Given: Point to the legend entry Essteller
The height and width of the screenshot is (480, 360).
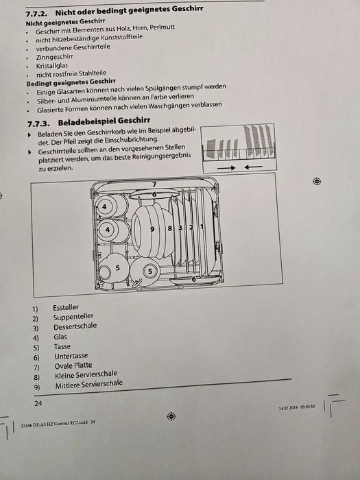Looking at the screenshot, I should click(66, 308).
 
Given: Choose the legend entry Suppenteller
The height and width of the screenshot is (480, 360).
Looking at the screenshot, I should click(73, 317).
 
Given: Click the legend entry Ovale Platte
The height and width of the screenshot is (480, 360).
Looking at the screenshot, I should click(72, 365).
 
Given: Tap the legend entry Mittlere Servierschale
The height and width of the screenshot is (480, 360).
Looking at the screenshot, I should click(89, 384).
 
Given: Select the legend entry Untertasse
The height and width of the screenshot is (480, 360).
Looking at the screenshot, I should click(69, 357).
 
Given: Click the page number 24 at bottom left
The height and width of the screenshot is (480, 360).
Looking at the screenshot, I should click(28, 404).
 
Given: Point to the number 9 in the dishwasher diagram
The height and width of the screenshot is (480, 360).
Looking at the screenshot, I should click(152, 228).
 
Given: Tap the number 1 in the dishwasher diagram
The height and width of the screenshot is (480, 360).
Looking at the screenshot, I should click(202, 227).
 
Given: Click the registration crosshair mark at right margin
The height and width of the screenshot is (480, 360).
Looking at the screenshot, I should click(316, 181).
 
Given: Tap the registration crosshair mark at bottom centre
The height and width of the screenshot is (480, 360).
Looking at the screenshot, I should click(171, 416).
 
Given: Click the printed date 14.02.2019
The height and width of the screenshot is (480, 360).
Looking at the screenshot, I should click(291, 407).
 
